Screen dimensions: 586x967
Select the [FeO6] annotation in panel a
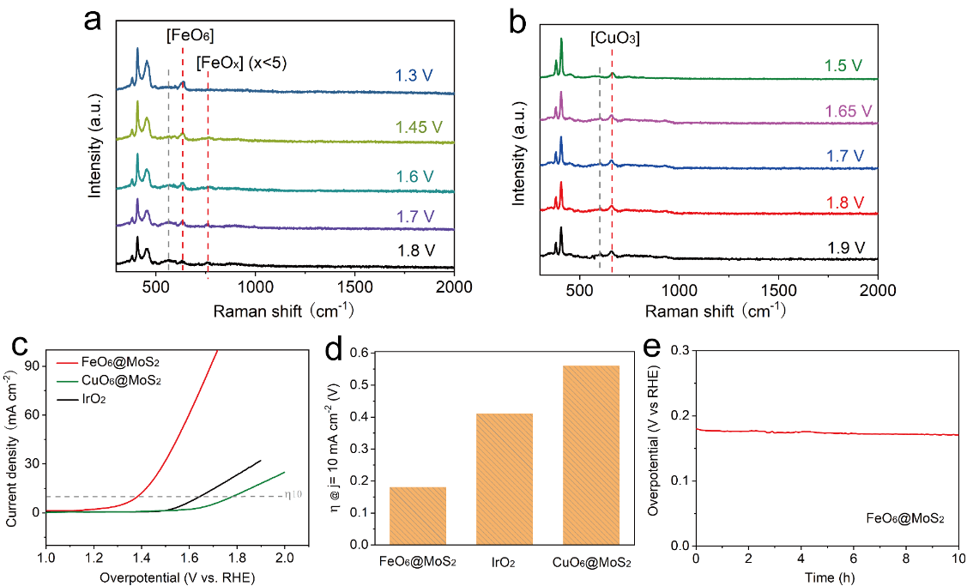tap(190, 35)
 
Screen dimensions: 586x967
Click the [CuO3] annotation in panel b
tap(615, 39)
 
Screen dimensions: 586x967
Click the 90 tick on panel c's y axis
tap(31, 365)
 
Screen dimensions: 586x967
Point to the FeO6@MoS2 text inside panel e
tap(904, 518)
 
